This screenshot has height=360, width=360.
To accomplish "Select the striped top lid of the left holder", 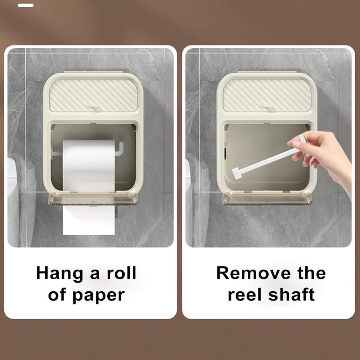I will point(93,95).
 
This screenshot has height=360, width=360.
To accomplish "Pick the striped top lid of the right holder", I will point(266,95).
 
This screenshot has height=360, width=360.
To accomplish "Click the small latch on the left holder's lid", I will point(93,108).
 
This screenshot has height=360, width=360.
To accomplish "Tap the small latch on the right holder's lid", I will point(267,108).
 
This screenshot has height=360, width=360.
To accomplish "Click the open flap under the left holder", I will point(93,199).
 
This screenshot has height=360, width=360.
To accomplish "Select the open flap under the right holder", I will point(267,199).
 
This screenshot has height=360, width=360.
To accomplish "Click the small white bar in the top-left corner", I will point(26,5).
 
